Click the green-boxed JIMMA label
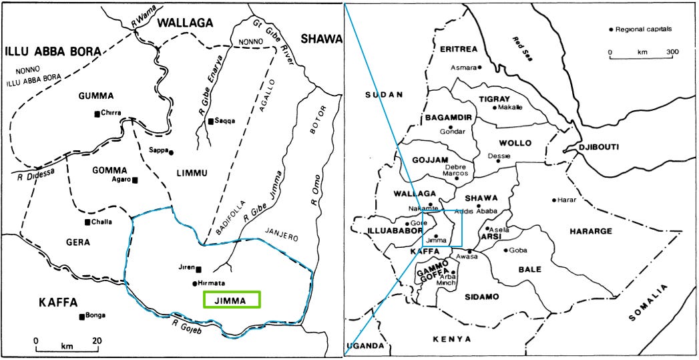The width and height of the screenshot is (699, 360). pyautogui.click(x=231, y=301)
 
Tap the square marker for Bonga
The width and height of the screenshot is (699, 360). pyautogui.click(x=81, y=317)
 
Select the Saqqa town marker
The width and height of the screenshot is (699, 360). pyautogui.click(x=210, y=121)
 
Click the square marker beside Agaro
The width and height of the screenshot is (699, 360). pyautogui.click(x=135, y=180)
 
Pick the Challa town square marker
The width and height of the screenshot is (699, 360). pyautogui.click(x=87, y=222)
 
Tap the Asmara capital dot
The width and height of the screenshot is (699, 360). pyautogui.click(x=479, y=67)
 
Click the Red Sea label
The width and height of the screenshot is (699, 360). pyautogui.click(x=521, y=48)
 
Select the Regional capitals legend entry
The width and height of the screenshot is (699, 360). pyautogui.click(x=641, y=29)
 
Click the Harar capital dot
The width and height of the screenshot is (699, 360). pyautogui.click(x=554, y=200)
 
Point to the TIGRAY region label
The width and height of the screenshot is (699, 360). pyautogui.click(x=495, y=98)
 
